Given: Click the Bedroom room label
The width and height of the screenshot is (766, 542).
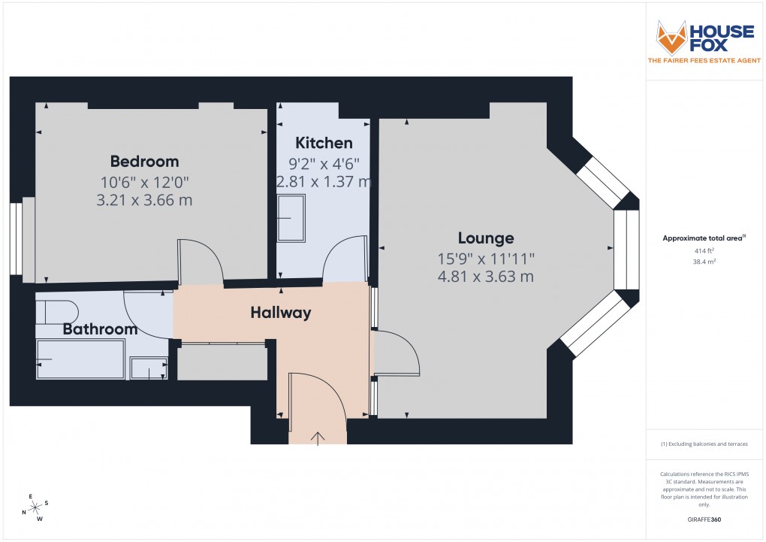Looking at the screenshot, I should [144, 161].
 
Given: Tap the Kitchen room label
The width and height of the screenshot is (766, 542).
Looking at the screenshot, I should [323, 143].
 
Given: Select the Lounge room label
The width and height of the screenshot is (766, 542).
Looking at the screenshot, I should [486, 238].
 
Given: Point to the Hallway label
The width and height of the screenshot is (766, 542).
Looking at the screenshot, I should [281, 313].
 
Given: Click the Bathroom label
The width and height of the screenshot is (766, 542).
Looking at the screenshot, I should [100, 329].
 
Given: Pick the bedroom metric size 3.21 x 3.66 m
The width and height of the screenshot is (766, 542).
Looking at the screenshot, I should [144, 200].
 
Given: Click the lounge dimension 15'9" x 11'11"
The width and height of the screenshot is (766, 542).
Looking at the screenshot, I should [486, 258].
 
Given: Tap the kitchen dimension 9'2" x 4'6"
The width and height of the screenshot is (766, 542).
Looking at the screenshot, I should [323, 162].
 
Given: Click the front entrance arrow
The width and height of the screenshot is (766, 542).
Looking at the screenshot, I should [318, 437].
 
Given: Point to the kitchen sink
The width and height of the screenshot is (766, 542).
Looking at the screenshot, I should [291, 218].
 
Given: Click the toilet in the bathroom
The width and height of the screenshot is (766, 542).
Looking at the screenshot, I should [57, 311].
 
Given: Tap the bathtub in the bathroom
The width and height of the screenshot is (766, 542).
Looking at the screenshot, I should [81, 359].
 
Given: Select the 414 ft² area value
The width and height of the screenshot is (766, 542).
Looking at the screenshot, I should [704, 251].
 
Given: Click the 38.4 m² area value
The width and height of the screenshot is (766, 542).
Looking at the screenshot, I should [704, 263].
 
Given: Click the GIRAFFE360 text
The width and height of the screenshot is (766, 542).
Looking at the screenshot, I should [704, 519].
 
